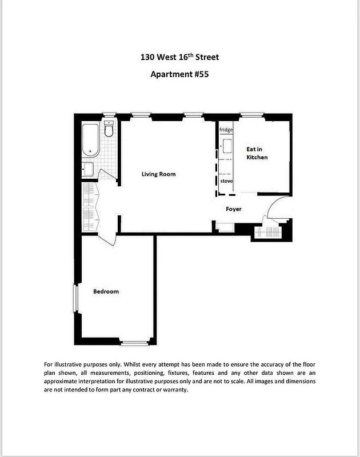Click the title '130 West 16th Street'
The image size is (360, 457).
point(179,57)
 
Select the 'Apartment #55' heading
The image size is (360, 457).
point(179,74)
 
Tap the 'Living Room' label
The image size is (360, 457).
point(158,174)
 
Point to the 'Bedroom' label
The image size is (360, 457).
point(106,291)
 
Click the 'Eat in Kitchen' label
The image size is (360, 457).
point(257,153)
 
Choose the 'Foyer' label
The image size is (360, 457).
point(233,209)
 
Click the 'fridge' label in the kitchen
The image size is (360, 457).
point(226,130)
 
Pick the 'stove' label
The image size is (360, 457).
point(226,181)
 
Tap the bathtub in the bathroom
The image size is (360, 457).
point(90,139)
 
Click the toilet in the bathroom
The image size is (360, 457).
point(109,129)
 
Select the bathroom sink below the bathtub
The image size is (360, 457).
point(87,170)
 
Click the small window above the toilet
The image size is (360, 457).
point(109,115)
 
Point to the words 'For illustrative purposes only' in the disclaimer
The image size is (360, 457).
point(87,364)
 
